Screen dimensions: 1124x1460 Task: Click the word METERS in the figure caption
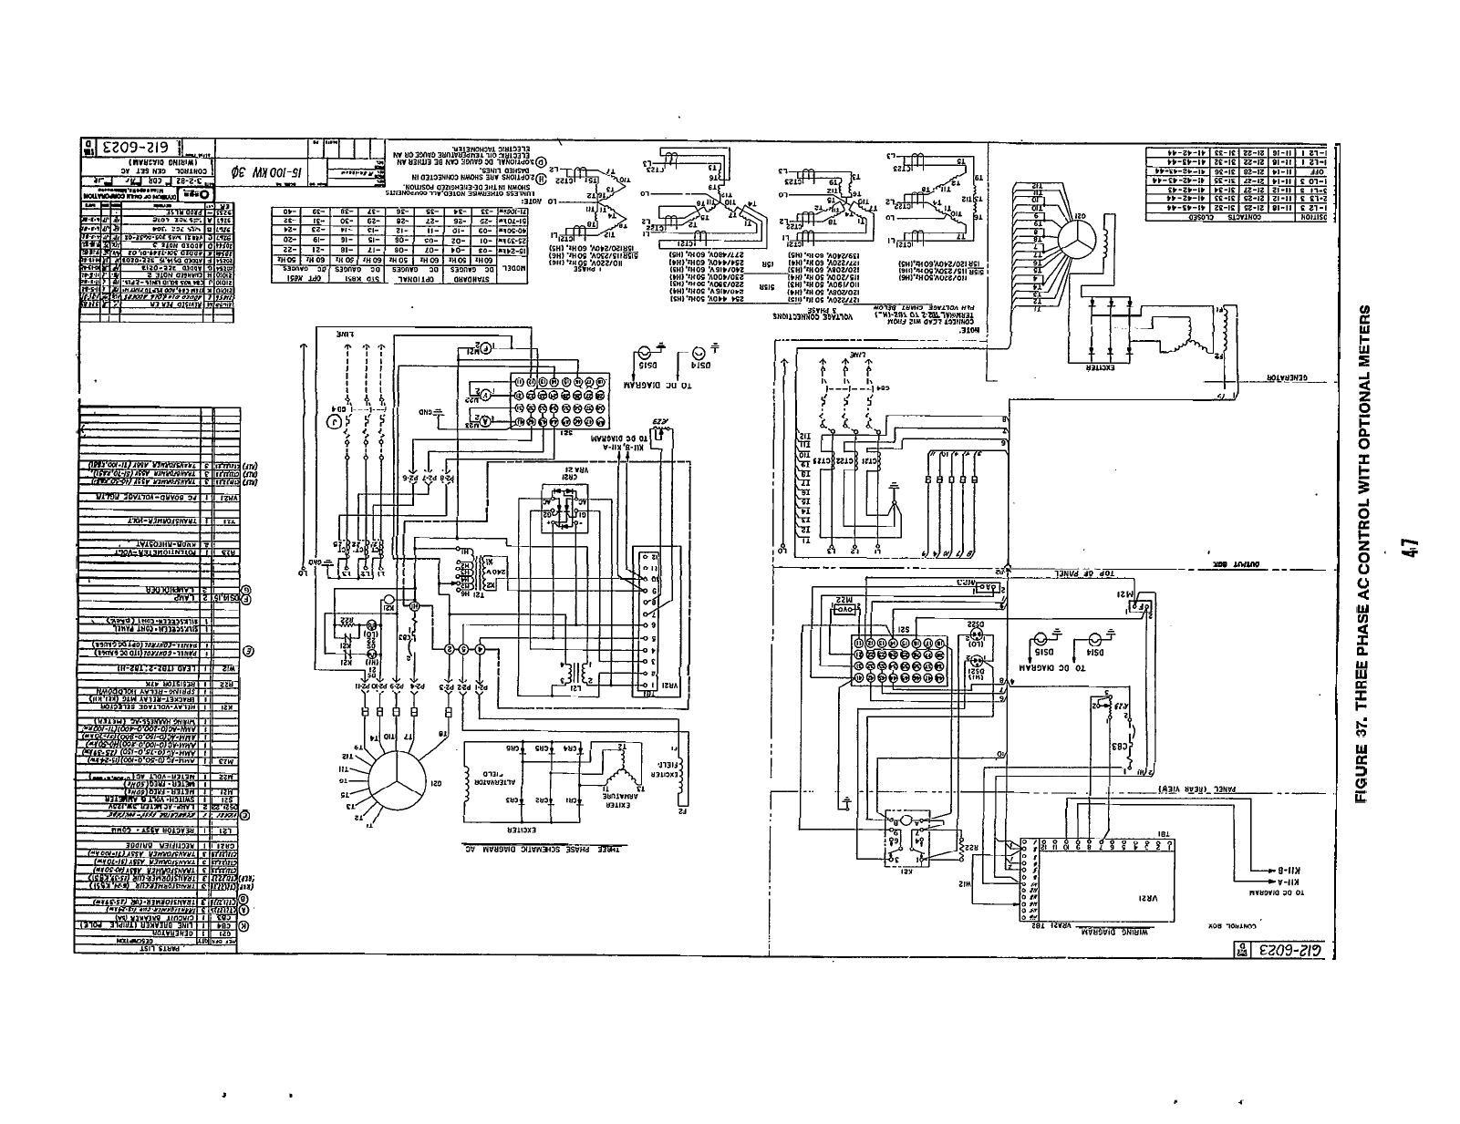(x=1365, y=338)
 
